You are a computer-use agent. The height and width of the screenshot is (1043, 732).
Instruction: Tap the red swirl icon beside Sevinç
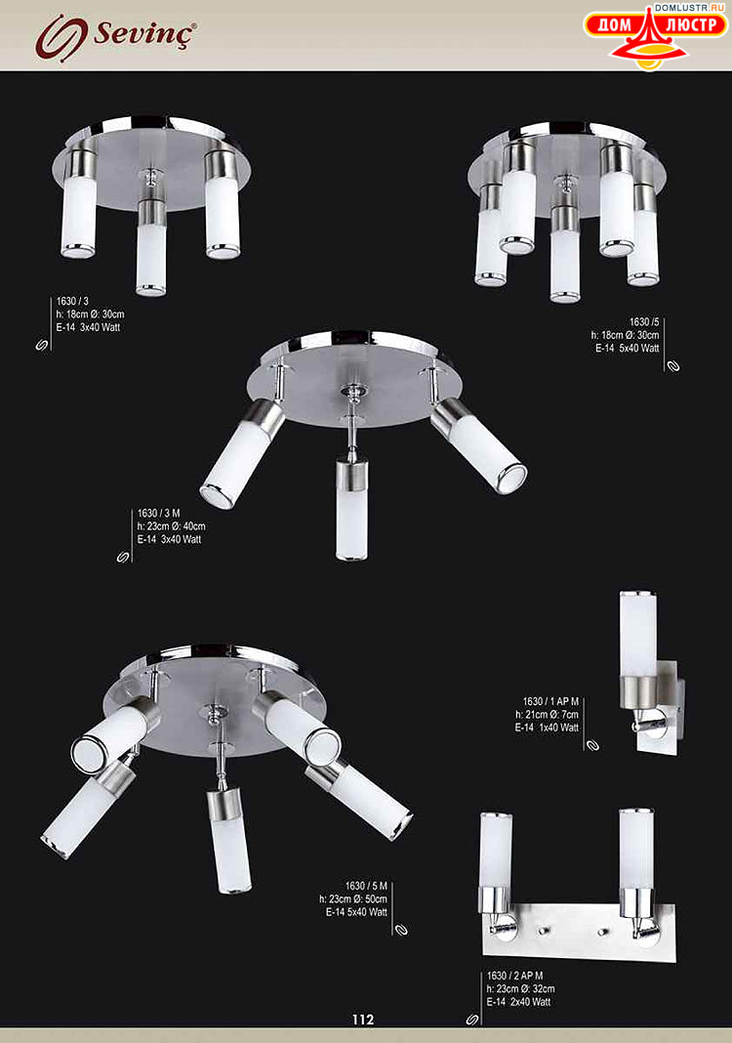pyautogui.click(x=61, y=37)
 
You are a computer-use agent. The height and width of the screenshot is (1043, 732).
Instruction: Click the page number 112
pyautogui.click(x=363, y=1019)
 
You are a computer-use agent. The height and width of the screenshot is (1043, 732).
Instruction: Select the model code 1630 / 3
pyautogui.click(x=72, y=302)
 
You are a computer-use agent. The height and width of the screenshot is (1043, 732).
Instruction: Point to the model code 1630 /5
pyautogui.click(x=644, y=322)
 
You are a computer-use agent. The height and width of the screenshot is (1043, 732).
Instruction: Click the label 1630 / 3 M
pyautogui.click(x=158, y=513)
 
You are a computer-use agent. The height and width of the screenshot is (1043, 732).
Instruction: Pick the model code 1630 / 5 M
pyautogui.click(x=366, y=886)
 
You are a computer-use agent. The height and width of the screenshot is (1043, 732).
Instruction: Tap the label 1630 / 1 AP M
pyautogui.click(x=550, y=701)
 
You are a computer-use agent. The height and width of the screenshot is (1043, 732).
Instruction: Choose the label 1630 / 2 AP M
pyautogui.click(x=514, y=976)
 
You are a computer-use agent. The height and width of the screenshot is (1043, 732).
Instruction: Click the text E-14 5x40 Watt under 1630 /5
pyautogui.click(x=627, y=348)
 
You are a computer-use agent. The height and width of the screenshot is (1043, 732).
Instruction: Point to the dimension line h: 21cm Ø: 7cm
pyautogui.click(x=547, y=715)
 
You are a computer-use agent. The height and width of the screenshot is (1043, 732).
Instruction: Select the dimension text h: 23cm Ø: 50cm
pyautogui.click(x=353, y=898)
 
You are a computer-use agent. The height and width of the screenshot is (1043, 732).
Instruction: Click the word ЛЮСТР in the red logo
pyautogui.click(x=692, y=25)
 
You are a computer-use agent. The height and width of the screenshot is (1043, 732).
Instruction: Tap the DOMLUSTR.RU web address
pyautogui.click(x=689, y=7)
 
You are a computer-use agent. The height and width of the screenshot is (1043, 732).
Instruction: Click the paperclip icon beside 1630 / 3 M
pyautogui.click(x=123, y=557)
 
